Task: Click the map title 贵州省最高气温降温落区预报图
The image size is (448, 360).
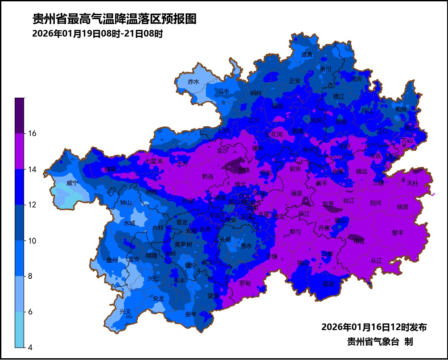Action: coord(115,19)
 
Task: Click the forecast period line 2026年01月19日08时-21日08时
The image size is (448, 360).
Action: coord(98,34)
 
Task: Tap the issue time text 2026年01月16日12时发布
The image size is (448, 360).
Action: coord(374,327)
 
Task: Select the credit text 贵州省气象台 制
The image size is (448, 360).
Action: coord(380,342)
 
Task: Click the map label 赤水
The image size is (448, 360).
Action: coord(193,82)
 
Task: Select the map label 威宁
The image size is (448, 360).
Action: coord(72,183)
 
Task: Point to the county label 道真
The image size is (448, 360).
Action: coord(307,54)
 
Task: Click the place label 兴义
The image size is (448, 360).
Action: coord(125,311)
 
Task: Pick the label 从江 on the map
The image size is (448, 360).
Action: coord(376,260)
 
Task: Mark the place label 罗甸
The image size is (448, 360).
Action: coord(245,283)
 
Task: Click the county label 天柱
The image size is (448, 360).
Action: coord(413,183)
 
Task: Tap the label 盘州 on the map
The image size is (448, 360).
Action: coord(112,260)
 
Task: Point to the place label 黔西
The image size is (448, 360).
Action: coord(208,177)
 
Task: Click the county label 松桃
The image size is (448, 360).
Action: coord(401,109)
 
